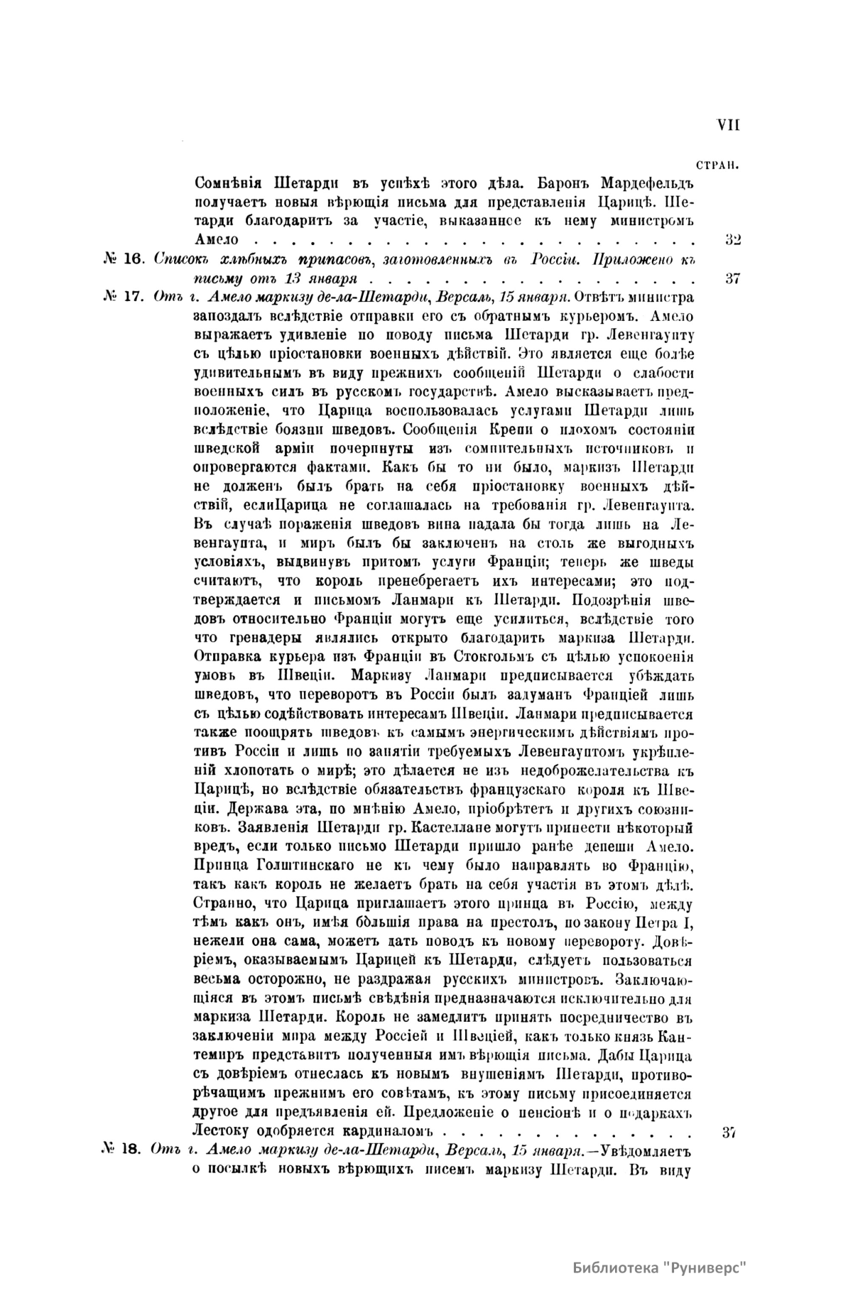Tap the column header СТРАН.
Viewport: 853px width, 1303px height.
tap(719, 165)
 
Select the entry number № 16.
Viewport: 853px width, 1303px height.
tap(124, 259)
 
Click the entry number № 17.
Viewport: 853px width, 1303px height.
tap(124, 298)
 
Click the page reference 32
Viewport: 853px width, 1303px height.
tap(733, 240)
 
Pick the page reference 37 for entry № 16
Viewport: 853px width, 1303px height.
tap(733, 278)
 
